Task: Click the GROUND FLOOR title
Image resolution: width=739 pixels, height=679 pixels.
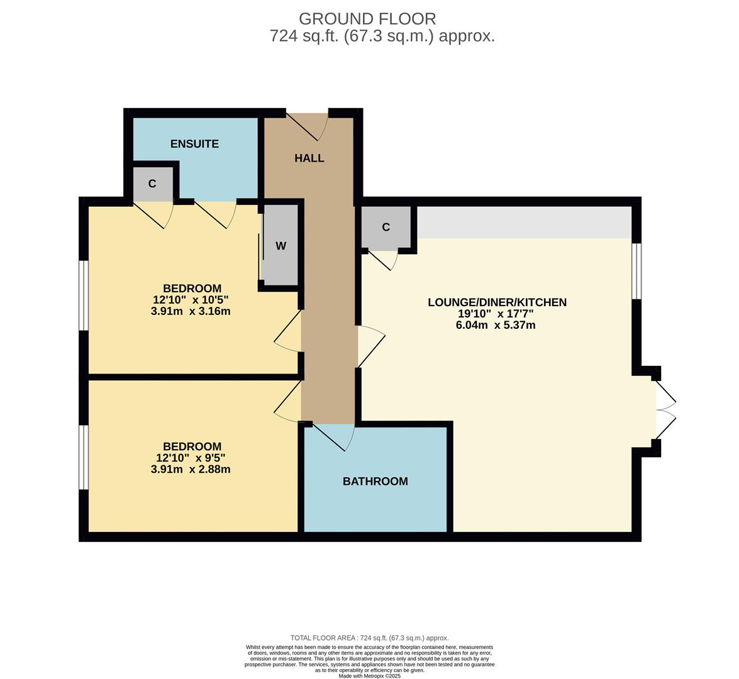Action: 367,19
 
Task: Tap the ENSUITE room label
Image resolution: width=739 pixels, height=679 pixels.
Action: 194,144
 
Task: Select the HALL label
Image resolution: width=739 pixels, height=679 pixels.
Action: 309,158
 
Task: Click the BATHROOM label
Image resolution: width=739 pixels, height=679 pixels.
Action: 375,482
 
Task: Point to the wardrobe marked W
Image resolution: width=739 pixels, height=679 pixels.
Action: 281,246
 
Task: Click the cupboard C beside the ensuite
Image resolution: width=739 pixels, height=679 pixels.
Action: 152,184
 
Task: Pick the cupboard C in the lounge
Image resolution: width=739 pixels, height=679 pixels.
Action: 386,227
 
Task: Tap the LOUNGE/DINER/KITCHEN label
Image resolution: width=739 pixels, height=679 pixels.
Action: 497,302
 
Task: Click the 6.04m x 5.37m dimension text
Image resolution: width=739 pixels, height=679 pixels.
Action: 496,325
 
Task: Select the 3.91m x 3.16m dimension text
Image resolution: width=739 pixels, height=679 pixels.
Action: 191,311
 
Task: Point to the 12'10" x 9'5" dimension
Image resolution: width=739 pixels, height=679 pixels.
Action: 191,458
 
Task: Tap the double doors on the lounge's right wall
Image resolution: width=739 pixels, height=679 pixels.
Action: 665,410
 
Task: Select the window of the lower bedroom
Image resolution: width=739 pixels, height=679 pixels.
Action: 83,457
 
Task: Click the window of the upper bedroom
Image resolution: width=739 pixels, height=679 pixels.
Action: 83,295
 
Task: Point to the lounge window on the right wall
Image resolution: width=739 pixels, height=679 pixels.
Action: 636,271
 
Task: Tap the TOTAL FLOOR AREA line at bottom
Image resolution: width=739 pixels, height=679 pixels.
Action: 369,638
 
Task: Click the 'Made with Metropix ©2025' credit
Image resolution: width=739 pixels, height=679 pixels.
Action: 369,676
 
